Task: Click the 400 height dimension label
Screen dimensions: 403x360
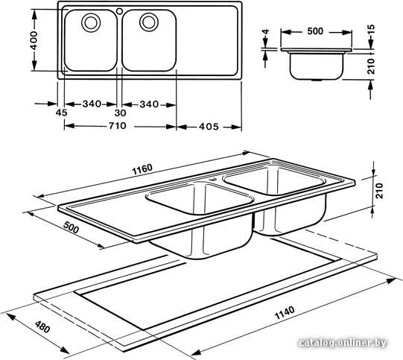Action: point(34,40)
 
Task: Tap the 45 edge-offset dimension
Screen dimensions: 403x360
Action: point(61,113)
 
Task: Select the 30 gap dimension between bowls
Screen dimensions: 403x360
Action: point(120,113)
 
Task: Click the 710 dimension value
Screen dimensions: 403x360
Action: point(117,126)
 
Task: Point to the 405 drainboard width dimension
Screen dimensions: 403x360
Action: point(209,127)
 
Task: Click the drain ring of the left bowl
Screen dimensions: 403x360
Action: point(91,22)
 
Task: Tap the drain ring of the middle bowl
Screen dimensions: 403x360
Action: point(149,22)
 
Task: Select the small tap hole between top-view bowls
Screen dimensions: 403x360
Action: point(119,11)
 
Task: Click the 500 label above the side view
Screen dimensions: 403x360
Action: point(315,31)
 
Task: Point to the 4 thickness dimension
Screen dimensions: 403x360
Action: point(266,32)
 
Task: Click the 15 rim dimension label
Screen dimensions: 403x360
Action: point(371,30)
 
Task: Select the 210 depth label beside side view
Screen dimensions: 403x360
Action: point(371,66)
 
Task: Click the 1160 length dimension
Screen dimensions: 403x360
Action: point(142,169)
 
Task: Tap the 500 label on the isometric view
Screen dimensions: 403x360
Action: point(72,227)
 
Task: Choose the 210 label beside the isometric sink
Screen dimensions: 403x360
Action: point(379,191)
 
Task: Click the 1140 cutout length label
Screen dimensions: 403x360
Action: point(285,312)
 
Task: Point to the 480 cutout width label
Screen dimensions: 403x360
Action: point(42,326)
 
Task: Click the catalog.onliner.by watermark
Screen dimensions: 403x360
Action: point(343,343)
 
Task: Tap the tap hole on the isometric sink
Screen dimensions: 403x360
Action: point(213,179)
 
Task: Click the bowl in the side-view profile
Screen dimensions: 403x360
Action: point(317,66)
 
